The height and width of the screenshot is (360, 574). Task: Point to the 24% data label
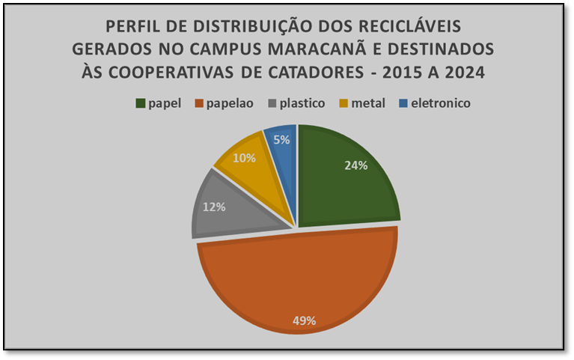(355, 165)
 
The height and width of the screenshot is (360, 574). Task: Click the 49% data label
(304, 320)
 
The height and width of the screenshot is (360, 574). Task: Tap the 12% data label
(214, 207)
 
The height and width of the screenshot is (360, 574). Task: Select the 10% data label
(244, 158)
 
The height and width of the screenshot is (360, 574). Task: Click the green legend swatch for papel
(140, 103)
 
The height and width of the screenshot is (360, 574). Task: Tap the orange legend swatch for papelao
(200, 103)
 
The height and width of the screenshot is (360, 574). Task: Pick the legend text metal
(367, 103)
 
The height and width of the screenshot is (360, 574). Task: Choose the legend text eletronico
(442, 103)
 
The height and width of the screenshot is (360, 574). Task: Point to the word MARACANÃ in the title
(329, 49)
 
